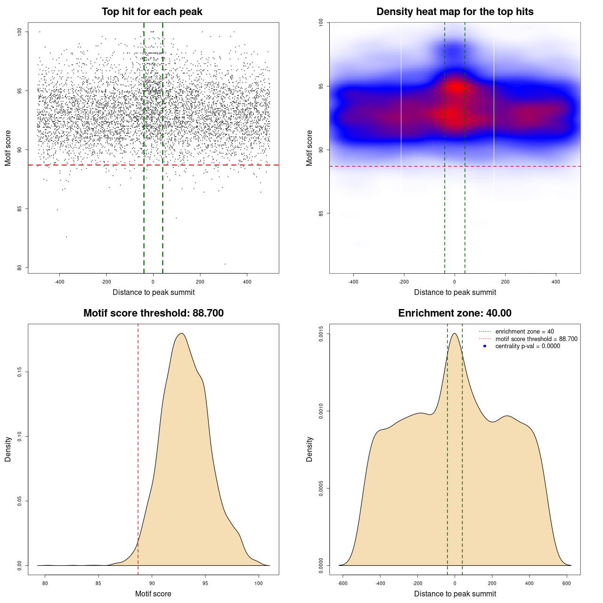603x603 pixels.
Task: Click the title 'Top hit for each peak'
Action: tap(152, 12)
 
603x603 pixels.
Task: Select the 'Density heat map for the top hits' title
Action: tap(455, 12)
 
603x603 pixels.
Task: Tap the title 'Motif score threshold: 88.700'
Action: tap(153, 313)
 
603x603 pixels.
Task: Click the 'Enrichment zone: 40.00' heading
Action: tap(455, 313)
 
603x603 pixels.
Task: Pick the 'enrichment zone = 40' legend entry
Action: tap(524, 332)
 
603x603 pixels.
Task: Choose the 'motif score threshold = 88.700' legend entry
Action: tap(536, 339)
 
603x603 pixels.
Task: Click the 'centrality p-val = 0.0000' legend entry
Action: tap(528, 346)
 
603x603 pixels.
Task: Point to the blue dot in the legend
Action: tap(485, 346)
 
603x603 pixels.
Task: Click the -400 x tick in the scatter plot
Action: tap(59, 282)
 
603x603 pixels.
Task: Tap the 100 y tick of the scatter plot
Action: tap(20, 32)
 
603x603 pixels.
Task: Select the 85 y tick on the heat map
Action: tap(321, 213)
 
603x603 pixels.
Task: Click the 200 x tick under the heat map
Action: tap(505, 282)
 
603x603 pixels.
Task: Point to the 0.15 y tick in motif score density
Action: tap(19, 372)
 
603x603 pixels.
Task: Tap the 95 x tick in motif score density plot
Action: tap(205, 583)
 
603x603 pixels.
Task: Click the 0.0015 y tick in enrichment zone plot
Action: tap(321, 334)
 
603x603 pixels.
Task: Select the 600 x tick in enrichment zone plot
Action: tap(567, 583)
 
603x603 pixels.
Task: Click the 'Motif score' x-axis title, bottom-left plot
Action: tap(153, 594)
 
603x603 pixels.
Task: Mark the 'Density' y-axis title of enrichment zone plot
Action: tap(310, 449)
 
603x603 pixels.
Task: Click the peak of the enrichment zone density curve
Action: tap(455, 334)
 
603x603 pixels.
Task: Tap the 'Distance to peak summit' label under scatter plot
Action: tap(154, 292)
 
